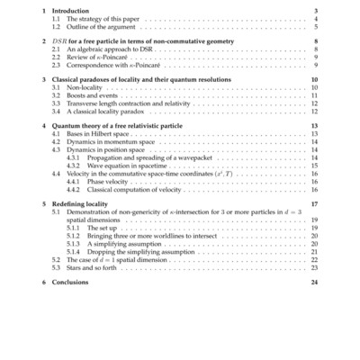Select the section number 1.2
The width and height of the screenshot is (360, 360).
pos(58,26)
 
